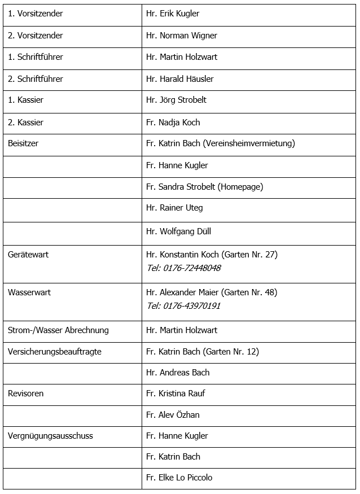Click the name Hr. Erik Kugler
pyautogui.click(x=173, y=14)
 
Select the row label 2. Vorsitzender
pyautogui.click(x=36, y=36)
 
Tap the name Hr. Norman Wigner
pyautogui.click(x=182, y=36)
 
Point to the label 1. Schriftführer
pyautogui.click(x=36, y=57)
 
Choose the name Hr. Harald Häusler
pyautogui.click(x=180, y=79)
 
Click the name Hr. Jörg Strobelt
pyautogui.click(x=177, y=100)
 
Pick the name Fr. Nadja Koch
pyautogui.click(x=173, y=123)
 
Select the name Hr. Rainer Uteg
pyautogui.click(x=174, y=208)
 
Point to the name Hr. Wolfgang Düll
pyautogui.click(x=178, y=231)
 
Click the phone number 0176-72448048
pyautogui.click(x=192, y=268)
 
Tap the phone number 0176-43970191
pyautogui.click(x=192, y=306)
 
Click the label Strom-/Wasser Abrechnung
pyautogui.click(x=58, y=330)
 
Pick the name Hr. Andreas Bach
pyautogui.click(x=178, y=373)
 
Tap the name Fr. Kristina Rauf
pyautogui.click(x=175, y=394)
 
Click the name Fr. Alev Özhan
pyautogui.click(x=173, y=415)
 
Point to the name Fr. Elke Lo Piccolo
pyautogui.click(x=179, y=478)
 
